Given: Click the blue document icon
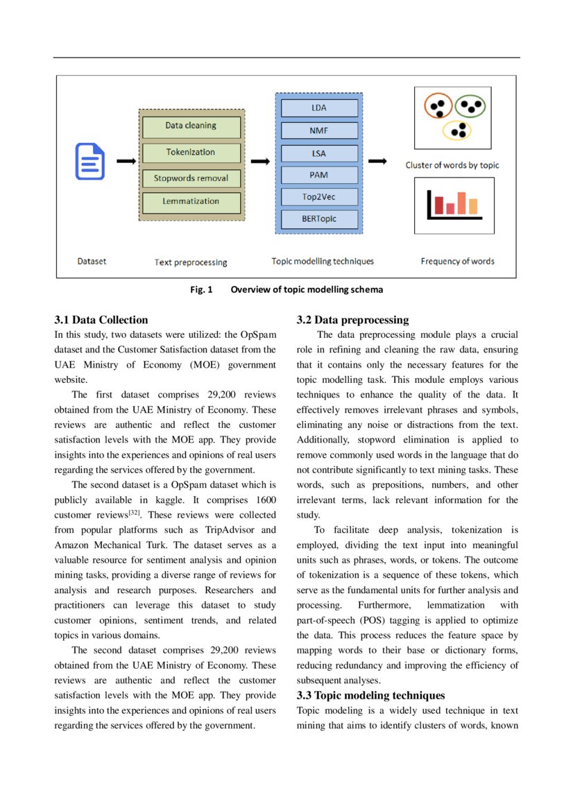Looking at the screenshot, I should click(90, 161).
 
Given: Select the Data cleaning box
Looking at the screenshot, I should click(191, 126).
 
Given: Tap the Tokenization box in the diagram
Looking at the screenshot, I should click(191, 153).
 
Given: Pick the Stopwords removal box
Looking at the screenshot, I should click(191, 178).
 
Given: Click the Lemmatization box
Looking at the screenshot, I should click(191, 202).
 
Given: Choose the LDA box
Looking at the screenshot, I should click(319, 108).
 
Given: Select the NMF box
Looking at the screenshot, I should click(319, 130).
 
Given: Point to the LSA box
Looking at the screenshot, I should click(319, 153).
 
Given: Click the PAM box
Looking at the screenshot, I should click(319, 175).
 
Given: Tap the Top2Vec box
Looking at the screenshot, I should click(319, 197).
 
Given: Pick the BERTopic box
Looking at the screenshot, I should click(319, 219).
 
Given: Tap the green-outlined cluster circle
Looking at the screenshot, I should click(472, 105).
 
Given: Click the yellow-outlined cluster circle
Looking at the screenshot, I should click(456, 130).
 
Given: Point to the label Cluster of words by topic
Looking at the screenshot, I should click(452, 165).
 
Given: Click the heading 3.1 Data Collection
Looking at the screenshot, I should click(101, 320).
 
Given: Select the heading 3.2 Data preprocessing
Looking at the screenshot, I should click(352, 320).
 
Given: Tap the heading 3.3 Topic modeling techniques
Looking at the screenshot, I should click(370, 695).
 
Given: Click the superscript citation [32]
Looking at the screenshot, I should click(135, 513).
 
